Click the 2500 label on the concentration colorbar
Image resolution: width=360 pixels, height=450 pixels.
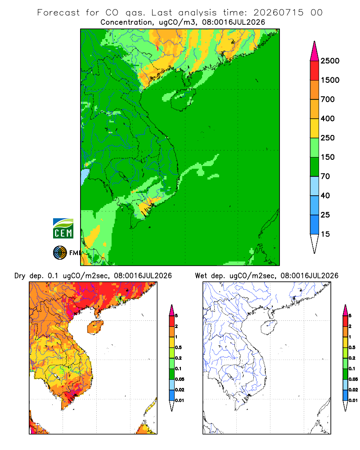pyautogui.click(x=330, y=61)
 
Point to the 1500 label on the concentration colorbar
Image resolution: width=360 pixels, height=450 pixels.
pyautogui.click(x=330, y=80)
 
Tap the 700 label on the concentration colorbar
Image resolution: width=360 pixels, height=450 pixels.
pyautogui.click(x=328, y=99)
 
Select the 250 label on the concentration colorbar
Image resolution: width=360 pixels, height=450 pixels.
pyautogui.click(x=328, y=138)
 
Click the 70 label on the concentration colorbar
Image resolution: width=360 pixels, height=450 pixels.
pyautogui.click(x=325, y=176)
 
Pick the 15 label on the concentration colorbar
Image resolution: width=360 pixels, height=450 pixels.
pyautogui.click(x=325, y=234)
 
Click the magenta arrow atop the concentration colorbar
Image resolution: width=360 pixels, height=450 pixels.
pyautogui.click(x=315, y=51)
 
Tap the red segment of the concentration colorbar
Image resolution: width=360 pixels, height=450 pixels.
pyautogui.click(x=315, y=70)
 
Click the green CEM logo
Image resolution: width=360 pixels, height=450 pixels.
pyautogui.click(x=63, y=229)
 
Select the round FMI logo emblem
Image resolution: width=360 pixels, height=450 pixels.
pyautogui.click(x=60, y=253)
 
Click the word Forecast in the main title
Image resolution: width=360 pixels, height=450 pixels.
pyautogui.click(x=58, y=13)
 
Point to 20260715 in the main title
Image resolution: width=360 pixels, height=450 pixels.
pyautogui.click(x=278, y=13)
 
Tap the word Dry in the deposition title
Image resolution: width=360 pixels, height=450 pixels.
pyautogui.click(x=20, y=276)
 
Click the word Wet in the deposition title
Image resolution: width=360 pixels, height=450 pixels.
pyautogui.click(x=201, y=276)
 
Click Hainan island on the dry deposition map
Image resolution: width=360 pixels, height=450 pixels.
pyautogui.click(x=95, y=327)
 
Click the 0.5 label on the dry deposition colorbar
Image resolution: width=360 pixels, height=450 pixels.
pyautogui.click(x=178, y=347)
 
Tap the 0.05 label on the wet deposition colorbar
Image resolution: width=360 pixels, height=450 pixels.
pyautogui.click(x=353, y=379)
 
